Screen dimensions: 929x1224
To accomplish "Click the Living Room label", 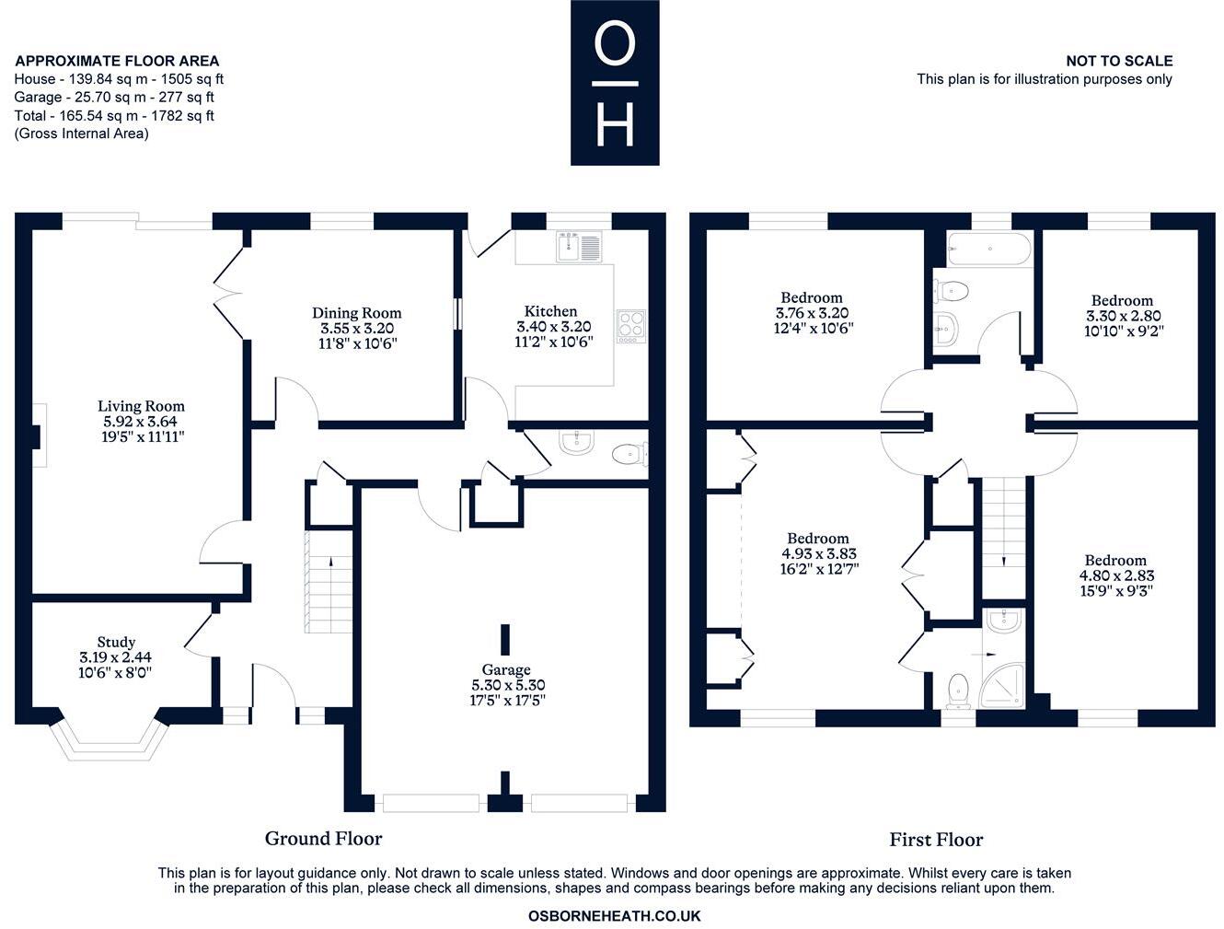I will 141,406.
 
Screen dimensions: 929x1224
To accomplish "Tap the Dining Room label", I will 356,313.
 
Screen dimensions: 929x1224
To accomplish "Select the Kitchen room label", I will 550,312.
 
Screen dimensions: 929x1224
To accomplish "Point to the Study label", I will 116,642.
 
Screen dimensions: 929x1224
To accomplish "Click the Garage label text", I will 505,669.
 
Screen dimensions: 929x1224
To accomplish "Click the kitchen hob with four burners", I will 631,325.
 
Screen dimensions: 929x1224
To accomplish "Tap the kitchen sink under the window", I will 579,247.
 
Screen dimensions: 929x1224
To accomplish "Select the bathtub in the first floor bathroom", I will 989,249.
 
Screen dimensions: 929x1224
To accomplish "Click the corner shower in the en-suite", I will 1005,680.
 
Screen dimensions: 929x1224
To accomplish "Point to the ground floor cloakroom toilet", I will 629,453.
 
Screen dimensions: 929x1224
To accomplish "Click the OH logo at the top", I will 615,83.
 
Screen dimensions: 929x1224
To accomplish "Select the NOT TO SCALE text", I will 1119,61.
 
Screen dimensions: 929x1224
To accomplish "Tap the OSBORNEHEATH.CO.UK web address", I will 614,916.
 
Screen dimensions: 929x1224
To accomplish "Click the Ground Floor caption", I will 323,838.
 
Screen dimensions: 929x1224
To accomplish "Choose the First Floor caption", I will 936,840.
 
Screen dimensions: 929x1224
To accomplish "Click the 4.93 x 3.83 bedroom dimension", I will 817,554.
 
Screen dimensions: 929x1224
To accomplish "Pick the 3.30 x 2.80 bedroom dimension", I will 1122,316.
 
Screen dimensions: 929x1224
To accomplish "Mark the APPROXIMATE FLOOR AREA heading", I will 117,61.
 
